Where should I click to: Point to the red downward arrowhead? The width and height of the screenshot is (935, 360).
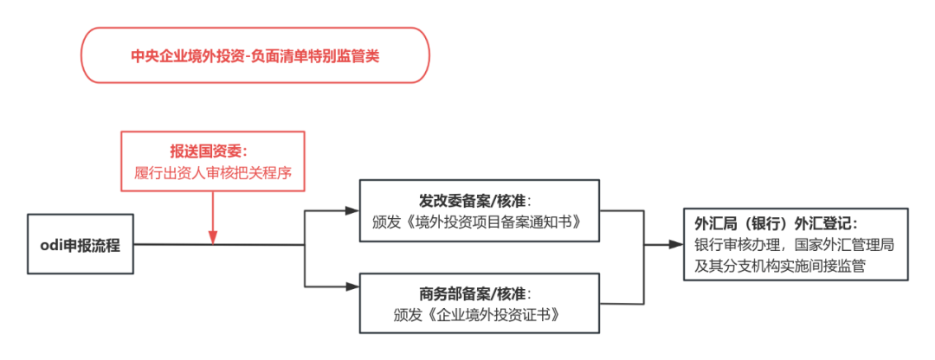[x=213, y=238]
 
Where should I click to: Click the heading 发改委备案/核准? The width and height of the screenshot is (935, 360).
[x=480, y=198]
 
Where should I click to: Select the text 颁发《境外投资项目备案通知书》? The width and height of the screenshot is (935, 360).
[x=480, y=222]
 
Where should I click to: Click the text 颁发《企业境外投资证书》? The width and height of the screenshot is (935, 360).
[x=480, y=315]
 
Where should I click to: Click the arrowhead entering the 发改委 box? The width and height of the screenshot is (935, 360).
[x=353, y=209]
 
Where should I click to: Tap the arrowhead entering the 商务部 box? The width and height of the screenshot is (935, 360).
[x=353, y=286]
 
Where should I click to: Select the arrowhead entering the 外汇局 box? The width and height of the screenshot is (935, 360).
[x=676, y=244]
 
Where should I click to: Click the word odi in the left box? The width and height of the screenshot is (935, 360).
[x=51, y=245]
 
